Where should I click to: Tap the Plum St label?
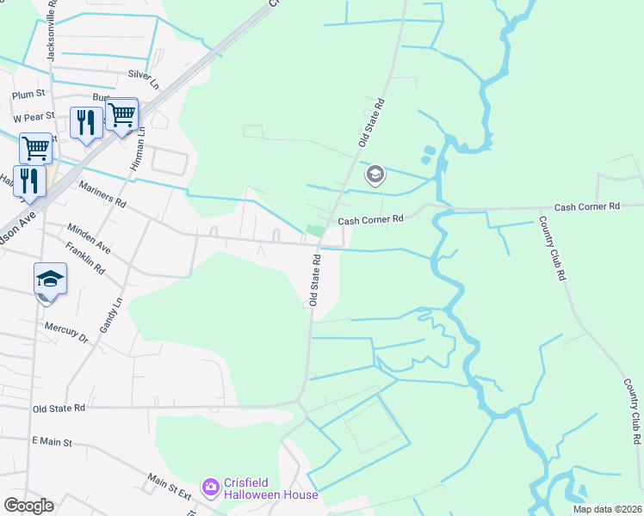tap(28, 95)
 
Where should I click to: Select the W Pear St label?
tap(34, 116)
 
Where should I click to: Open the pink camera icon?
tap(211, 488)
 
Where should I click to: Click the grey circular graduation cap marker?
tap(375, 175)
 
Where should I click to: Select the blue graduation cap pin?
tap(50, 279)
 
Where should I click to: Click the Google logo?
tap(28, 506)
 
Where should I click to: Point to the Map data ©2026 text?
tap(606, 509)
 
